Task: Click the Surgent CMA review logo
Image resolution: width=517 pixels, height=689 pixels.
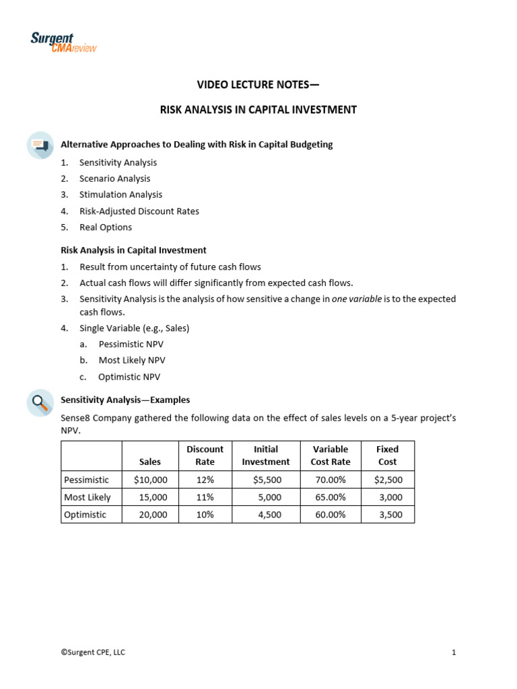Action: pos(63,43)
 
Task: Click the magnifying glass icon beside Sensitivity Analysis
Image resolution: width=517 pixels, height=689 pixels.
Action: pos(40,402)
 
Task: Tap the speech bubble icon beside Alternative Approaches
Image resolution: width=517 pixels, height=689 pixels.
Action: pos(40,145)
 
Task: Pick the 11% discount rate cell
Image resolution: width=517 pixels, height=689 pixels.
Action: pos(205,497)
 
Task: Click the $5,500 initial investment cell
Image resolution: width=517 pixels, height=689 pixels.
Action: pos(267,480)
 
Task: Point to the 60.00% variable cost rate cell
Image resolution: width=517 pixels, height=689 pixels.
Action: pos(330,515)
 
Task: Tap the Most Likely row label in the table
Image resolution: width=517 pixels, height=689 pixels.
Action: pos(88,497)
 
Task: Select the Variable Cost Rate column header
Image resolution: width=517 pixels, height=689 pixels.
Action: pos(330,456)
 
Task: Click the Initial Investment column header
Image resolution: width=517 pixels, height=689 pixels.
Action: pos(265,456)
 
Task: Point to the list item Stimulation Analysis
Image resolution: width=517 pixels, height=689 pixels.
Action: pos(120,194)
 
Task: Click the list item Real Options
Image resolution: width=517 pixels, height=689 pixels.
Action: pos(106,227)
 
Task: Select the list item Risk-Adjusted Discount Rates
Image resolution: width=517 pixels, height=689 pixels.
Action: pos(139,211)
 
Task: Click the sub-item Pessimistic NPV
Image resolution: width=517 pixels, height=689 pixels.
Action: pos(132,344)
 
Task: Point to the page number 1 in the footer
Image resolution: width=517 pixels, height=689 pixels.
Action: pos(454,652)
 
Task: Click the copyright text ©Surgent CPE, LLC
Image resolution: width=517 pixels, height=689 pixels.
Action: pos(93,652)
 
